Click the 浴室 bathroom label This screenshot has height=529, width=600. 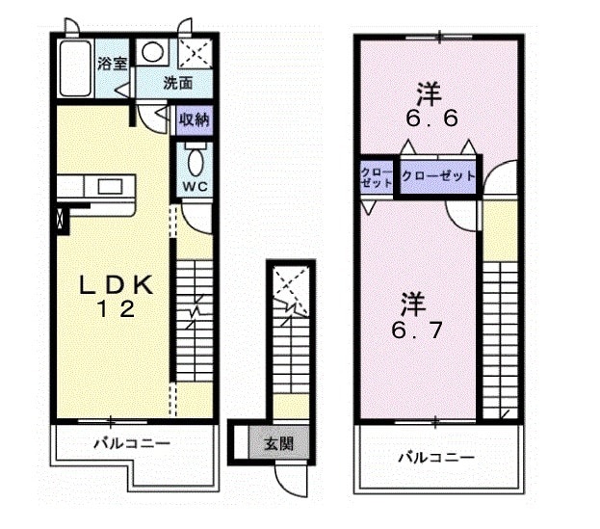pyautogui.click(x=112, y=64)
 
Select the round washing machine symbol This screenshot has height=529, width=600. pyautogui.click(x=152, y=52)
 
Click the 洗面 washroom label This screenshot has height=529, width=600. pyautogui.click(x=177, y=83)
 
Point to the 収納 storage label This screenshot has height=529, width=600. pyautogui.click(x=195, y=120)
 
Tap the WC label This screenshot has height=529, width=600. pyautogui.click(x=196, y=186)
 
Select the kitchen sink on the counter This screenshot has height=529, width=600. pyautogui.click(x=110, y=186)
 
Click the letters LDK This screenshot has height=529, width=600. pyautogui.click(x=116, y=285)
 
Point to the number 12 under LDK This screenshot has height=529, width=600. pyautogui.click(x=117, y=309)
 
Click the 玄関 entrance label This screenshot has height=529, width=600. pyautogui.click(x=279, y=443)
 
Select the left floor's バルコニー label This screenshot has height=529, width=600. pyautogui.click(x=132, y=443)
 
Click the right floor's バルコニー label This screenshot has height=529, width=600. pyautogui.click(x=436, y=458)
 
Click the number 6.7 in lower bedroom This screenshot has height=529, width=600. pyautogui.click(x=417, y=330)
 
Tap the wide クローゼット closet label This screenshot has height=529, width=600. pyautogui.click(x=438, y=176)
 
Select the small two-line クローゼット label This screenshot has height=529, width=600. pyautogui.click(x=377, y=177)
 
